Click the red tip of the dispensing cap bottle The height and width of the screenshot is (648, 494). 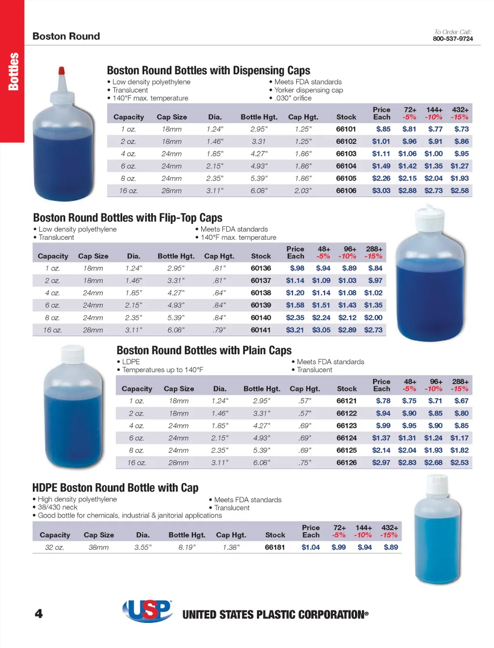point(61,70)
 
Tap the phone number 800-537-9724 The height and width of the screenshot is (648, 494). point(453,39)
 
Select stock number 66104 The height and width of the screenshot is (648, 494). point(346,166)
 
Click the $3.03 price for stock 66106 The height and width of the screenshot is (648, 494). point(381,191)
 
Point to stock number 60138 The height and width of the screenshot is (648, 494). point(261,293)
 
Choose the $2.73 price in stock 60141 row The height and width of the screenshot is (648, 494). point(373,330)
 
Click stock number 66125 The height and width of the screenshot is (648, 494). point(346,450)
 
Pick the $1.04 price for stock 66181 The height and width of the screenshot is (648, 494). point(310,547)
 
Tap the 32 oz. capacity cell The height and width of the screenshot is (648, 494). point(54,547)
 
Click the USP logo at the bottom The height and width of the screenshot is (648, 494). point(148,611)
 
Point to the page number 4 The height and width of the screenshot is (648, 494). point(39,614)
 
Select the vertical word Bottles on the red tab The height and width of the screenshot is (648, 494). point(13,71)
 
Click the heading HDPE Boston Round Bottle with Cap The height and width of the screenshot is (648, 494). point(115,488)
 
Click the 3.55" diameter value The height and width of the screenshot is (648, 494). point(143,547)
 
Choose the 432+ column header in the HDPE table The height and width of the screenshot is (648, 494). point(389,528)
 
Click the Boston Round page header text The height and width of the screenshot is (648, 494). point(66,36)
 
